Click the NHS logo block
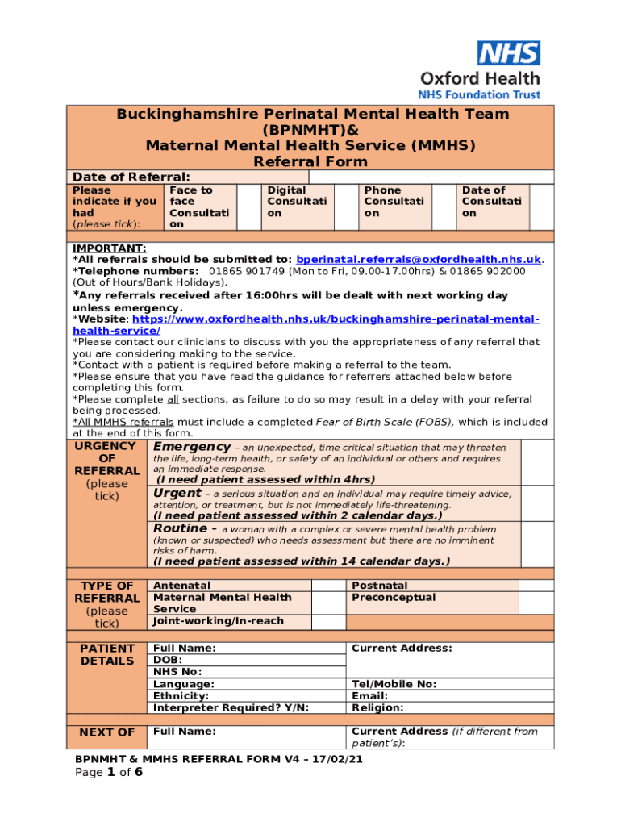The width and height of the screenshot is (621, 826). (508, 53)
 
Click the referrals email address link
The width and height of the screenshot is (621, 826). (419, 260)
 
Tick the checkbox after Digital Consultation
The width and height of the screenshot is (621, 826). (345, 206)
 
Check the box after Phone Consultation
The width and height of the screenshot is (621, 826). (444, 206)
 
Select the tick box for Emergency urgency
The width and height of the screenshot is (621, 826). (537, 462)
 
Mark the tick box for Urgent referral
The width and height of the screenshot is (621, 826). (537, 504)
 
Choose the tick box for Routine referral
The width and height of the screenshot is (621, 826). (537, 544)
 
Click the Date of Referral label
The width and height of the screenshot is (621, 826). (131, 177)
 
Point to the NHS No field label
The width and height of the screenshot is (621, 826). (177, 672)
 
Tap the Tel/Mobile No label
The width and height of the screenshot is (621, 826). (394, 684)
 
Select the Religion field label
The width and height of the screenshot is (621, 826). (377, 708)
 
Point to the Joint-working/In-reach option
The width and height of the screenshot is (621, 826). (219, 622)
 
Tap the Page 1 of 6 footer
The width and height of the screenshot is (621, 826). (109, 773)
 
